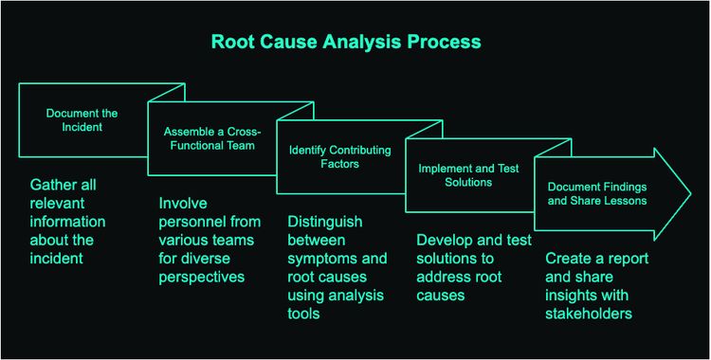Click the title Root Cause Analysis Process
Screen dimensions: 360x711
click(345, 43)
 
